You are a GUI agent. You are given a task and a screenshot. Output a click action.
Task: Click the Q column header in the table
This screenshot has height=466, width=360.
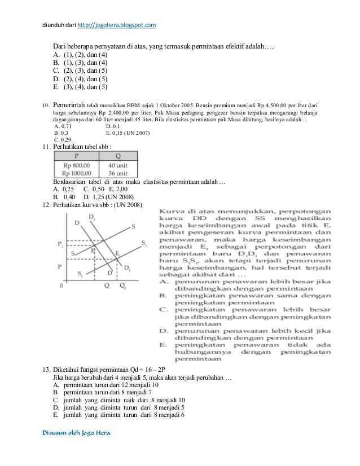pyautogui.click(x=118, y=155)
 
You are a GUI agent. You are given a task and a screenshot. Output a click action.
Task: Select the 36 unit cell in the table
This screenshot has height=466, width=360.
pyautogui.click(x=118, y=173)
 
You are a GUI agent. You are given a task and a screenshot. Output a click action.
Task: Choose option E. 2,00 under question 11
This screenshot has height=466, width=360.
pyautogui.click(x=104, y=189)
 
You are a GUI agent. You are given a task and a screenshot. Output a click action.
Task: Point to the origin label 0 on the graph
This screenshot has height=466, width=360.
pyautogui.click(x=60, y=286)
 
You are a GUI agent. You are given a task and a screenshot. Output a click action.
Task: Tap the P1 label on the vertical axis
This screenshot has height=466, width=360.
pyautogui.click(x=61, y=244)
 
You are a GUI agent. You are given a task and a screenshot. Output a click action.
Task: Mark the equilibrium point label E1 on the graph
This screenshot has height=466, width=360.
pyautogui.click(x=117, y=254)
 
